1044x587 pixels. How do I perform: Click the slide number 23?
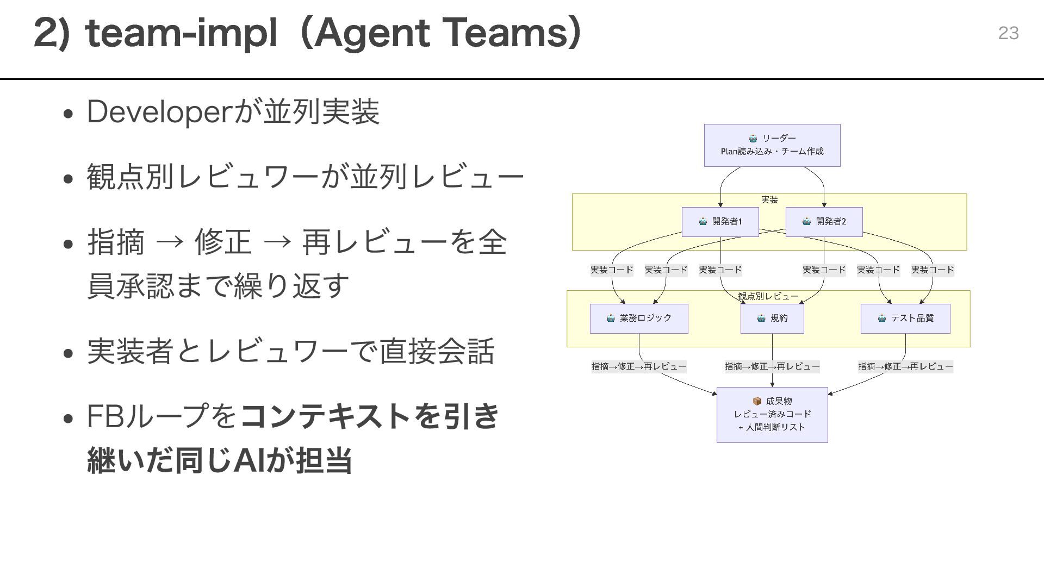click(1008, 33)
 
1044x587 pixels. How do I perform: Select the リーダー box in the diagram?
click(772, 145)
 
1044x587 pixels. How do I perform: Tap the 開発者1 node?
click(720, 222)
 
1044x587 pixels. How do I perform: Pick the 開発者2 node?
click(824, 222)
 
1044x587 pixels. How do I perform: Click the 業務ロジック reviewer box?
click(639, 319)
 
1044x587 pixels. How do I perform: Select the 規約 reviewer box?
click(772, 319)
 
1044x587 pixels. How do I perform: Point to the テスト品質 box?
click(905, 319)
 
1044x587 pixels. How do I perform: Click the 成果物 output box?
click(772, 415)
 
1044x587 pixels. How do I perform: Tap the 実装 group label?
click(769, 200)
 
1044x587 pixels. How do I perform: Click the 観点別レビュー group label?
click(768, 296)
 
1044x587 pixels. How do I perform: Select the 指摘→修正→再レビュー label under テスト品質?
click(905, 367)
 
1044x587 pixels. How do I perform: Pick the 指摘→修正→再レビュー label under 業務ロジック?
click(639, 367)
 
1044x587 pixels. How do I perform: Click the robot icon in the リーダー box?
click(753, 139)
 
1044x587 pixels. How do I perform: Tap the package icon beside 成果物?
click(757, 401)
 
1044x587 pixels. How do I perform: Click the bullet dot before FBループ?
click(68, 419)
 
